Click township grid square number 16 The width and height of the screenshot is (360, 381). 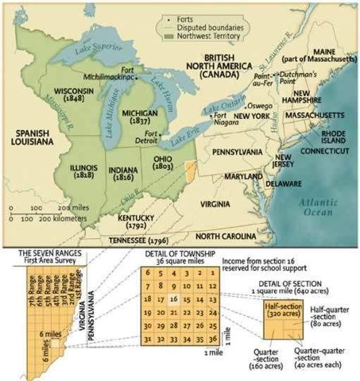point(173,301)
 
